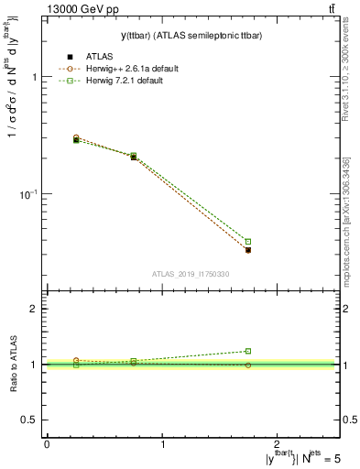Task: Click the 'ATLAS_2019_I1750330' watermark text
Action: [x=190, y=274]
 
